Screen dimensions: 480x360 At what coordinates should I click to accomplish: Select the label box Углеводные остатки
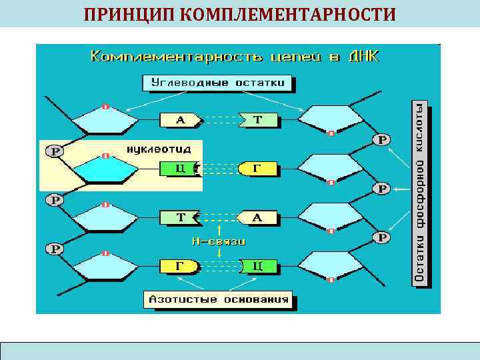pos(219,83)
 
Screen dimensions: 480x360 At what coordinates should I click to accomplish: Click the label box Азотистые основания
pos(219,299)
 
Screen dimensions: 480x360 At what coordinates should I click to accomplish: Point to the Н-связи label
pos(219,241)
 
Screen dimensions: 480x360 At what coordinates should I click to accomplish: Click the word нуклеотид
pos(151,148)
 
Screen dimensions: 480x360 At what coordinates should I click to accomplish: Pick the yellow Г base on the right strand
pos(257,169)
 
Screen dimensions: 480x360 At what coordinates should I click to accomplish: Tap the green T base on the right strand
pos(259,121)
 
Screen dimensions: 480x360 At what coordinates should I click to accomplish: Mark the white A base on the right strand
pos(258,217)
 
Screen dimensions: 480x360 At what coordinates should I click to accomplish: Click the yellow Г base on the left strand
pos(179,266)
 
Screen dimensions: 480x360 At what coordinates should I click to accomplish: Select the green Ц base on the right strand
pos(257,266)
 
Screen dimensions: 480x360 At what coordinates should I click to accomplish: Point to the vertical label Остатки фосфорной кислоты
pos(420,195)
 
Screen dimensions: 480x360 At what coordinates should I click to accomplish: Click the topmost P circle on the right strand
pos(382,140)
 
